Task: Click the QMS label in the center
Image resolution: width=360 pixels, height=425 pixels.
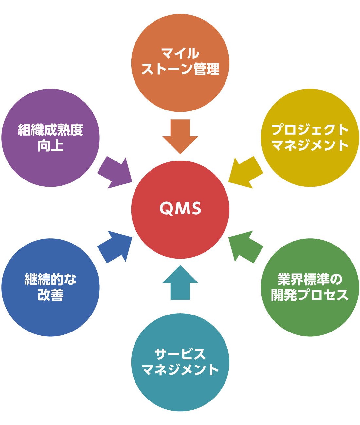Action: click(x=180, y=209)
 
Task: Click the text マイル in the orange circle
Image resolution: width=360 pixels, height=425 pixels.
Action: click(x=180, y=53)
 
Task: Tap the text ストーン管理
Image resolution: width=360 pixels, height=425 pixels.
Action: click(x=180, y=69)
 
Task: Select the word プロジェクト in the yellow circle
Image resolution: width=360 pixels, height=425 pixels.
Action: click(x=310, y=130)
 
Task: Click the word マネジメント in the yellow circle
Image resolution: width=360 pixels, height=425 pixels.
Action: click(x=310, y=145)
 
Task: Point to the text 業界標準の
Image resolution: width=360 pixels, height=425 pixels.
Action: click(x=310, y=280)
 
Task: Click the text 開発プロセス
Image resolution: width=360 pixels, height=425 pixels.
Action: click(x=310, y=295)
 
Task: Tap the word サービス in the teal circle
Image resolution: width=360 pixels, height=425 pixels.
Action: click(x=180, y=354)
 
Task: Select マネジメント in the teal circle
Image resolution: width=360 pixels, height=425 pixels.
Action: click(x=180, y=370)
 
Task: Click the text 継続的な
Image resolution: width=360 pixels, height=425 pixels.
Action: click(x=50, y=280)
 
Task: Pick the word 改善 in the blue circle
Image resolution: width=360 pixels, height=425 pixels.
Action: click(x=50, y=295)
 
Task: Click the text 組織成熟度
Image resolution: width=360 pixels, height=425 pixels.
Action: click(x=50, y=130)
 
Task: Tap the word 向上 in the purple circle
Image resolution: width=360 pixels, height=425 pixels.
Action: click(x=50, y=145)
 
